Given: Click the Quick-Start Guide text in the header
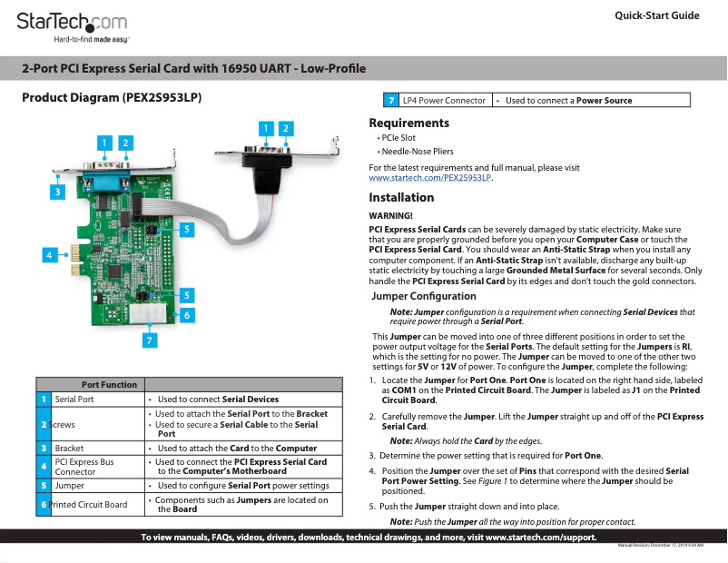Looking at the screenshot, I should (656, 16).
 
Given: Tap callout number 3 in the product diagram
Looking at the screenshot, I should (56, 192).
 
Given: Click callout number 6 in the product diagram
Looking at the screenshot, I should (185, 314).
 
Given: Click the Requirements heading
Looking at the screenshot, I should (408, 123).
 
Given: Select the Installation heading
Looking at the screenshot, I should (401, 197).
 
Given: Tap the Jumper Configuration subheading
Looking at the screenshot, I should (418, 296).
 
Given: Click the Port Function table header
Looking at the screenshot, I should (109, 384).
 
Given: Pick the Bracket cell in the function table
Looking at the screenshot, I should (69, 448).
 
